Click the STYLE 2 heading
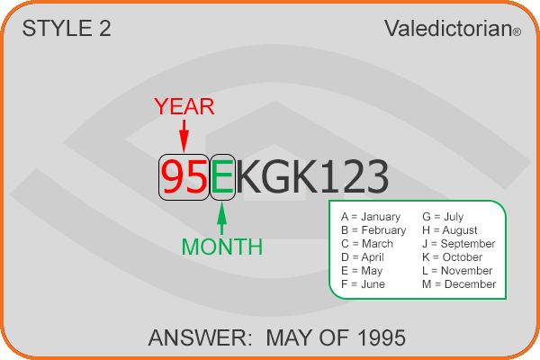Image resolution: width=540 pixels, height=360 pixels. (x=67, y=28)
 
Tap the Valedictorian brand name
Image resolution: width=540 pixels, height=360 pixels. (x=448, y=28)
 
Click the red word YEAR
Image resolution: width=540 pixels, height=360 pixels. (x=184, y=106)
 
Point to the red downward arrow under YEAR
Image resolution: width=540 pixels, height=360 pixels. (x=184, y=136)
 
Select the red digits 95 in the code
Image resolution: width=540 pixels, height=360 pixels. (x=184, y=177)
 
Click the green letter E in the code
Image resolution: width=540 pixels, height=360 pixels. (x=222, y=177)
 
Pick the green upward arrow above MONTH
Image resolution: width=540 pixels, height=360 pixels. (x=222, y=219)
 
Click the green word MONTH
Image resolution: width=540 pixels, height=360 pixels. (x=222, y=247)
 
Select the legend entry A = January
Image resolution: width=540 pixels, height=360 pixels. (x=371, y=217)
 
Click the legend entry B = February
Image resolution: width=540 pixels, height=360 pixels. (x=373, y=230)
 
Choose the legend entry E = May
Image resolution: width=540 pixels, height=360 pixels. (x=362, y=271)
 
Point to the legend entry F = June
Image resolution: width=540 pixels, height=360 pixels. (x=363, y=284)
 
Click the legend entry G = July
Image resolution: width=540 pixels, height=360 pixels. (x=443, y=217)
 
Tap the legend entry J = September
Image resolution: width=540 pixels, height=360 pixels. (x=459, y=244)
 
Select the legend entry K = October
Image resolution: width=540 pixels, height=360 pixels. (x=452, y=257)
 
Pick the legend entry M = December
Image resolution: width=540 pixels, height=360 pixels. (x=459, y=284)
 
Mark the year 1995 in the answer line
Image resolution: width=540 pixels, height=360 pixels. (x=382, y=338)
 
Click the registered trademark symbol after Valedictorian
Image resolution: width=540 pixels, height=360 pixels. (x=517, y=32)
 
